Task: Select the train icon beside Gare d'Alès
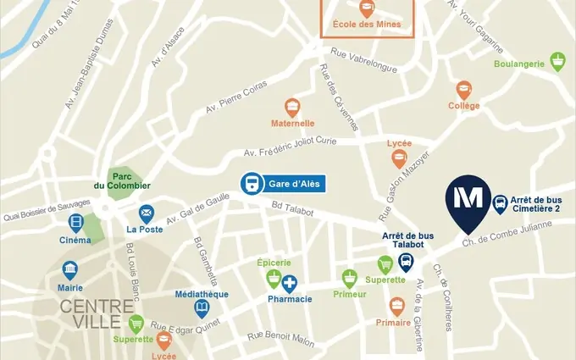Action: click(252, 183)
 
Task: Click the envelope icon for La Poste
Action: click(147, 212)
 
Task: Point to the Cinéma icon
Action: click(76, 224)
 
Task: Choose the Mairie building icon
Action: click(71, 270)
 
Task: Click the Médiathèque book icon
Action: click(202, 308)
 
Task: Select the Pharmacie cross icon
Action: click(290, 283)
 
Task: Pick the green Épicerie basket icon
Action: click(273, 278)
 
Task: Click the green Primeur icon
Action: click(350, 277)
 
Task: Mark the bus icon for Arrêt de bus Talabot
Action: click(407, 261)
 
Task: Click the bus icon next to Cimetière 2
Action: click(500, 203)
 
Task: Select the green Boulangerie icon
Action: click(557, 61)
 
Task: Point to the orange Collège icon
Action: click(463, 89)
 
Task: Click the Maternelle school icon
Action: click(292, 108)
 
